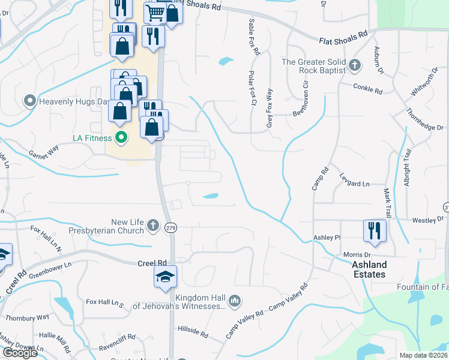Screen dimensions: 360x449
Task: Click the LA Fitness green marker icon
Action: (x=121, y=138)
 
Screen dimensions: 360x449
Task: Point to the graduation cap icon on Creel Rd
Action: (x=165, y=276)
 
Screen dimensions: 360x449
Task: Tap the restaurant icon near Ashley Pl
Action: (x=375, y=231)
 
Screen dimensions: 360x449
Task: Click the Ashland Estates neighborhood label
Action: (x=369, y=269)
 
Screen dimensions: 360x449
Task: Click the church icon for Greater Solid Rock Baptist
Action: (x=355, y=65)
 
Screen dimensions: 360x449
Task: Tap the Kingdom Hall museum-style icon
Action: (x=235, y=299)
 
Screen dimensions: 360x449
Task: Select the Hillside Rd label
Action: (x=193, y=330)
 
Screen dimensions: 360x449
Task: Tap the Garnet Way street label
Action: (x=44, y=153)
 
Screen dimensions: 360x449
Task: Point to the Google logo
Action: (x=20, y=353)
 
